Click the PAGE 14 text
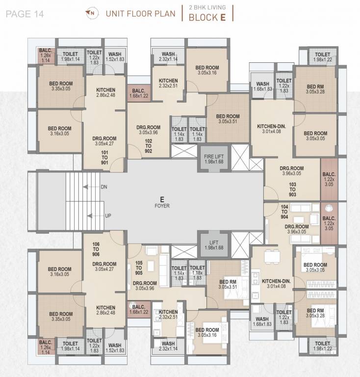click(x=25, y=13)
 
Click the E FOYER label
click(x=161, y=202)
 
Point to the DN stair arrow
click(x=88, y=187)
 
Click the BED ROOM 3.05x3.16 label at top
click(x=207, y=70)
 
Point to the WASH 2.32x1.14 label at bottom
click(x=168, y=346)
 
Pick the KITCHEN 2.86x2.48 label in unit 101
click(x=105, y=93)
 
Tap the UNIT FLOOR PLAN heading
click(x=140, y=13)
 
